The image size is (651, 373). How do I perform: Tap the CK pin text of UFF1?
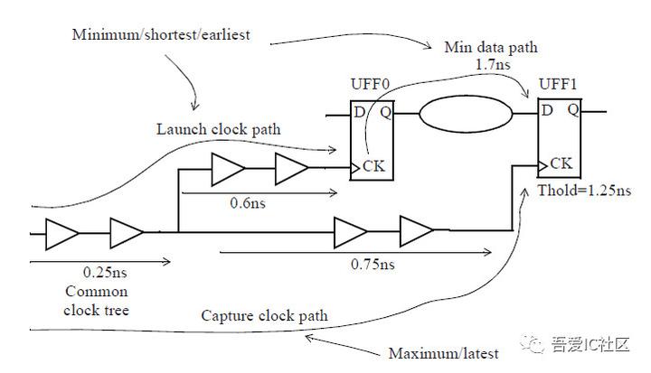pos(561,164)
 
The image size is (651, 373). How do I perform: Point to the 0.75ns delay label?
pos(373,265)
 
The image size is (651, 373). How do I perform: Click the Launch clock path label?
pos(218,129)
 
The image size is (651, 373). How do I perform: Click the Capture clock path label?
pos(264,316)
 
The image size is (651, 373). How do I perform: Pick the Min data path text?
pos(489,47)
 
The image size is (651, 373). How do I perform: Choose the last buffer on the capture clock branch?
pos(417,231)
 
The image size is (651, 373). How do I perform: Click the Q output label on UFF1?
pos(572,110)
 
